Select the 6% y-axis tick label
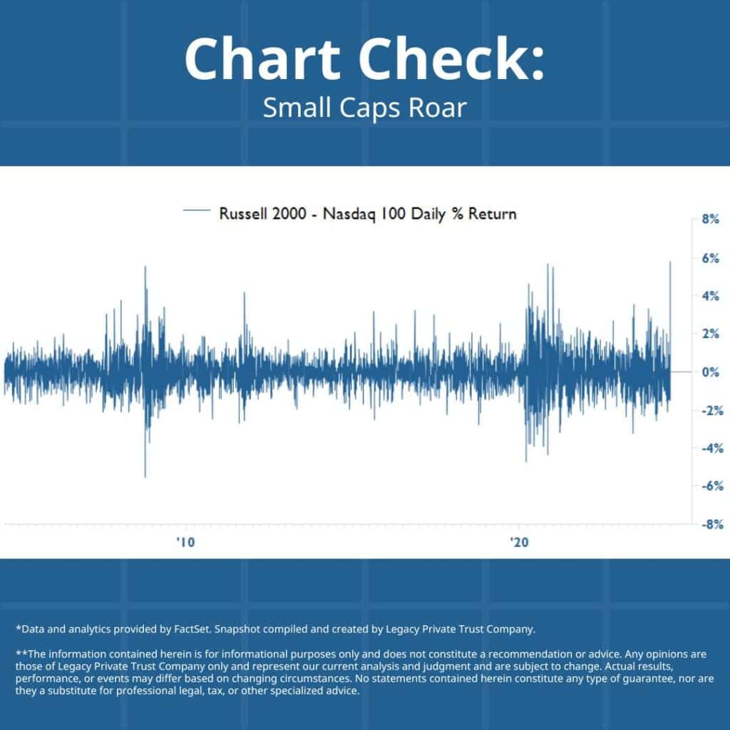709,257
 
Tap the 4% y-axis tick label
709,295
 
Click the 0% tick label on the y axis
709,371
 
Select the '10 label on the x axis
185,542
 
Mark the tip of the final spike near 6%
670,262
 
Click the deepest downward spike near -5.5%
145,476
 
